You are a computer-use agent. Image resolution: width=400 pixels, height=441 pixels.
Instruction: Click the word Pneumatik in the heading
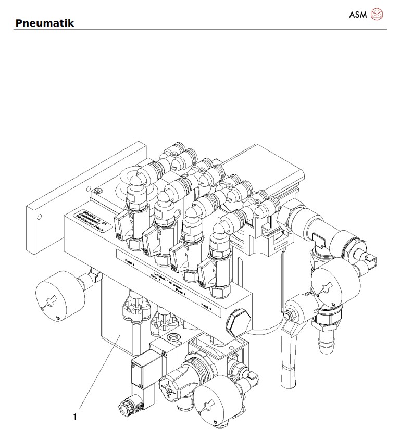tap(45, 23)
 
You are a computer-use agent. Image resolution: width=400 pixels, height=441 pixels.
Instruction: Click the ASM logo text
tap(358, 15)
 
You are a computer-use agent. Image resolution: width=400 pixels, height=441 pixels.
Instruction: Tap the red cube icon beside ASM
tap(376, 15)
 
